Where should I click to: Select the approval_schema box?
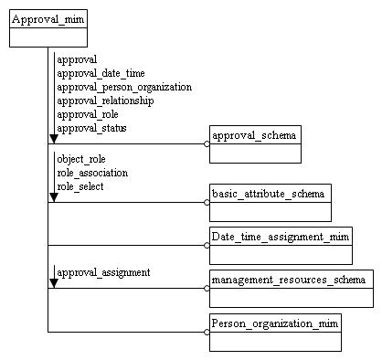point(255,144)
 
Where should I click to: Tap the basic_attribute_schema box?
point(268,202)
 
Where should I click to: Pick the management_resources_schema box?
point(290,288)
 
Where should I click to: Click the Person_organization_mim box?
point(275,333)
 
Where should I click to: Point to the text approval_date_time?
point(101,73)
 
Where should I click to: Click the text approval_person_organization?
point(124,87)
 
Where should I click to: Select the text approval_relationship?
point(105,101)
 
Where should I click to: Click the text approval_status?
point(91,128)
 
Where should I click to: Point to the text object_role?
point(81,158)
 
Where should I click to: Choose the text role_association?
point(92,172)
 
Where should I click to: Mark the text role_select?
point(80,185)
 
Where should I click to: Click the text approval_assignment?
point(103,272)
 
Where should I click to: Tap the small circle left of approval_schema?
point(207,144)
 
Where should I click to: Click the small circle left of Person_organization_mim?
point(207,333)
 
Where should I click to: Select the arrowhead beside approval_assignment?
point(53,282)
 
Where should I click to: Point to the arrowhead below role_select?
point(53,196)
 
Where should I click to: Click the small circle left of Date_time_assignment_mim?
point(207,246)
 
